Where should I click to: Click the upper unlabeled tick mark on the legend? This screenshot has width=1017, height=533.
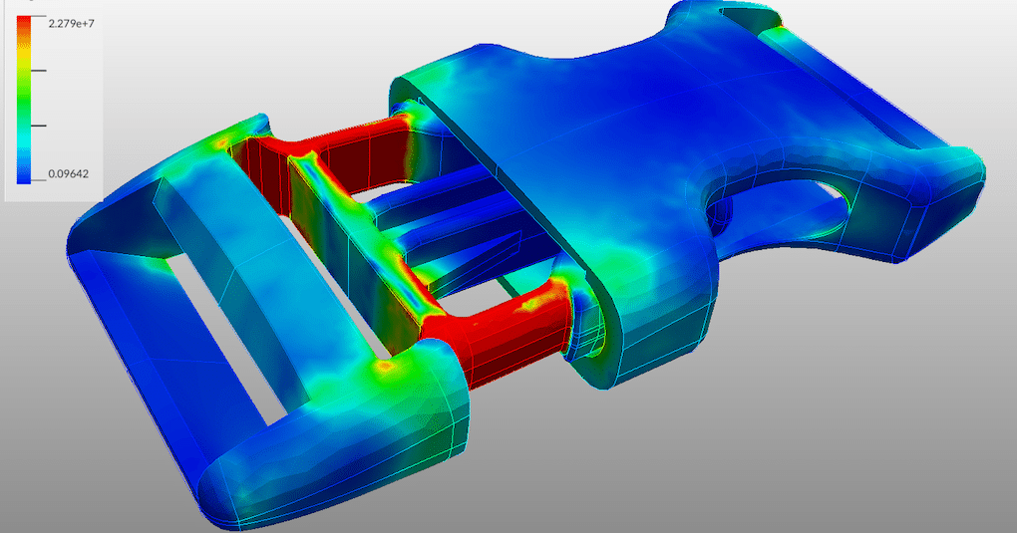click(39, 71)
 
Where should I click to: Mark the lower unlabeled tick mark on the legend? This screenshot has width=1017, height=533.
click(39, 126)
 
